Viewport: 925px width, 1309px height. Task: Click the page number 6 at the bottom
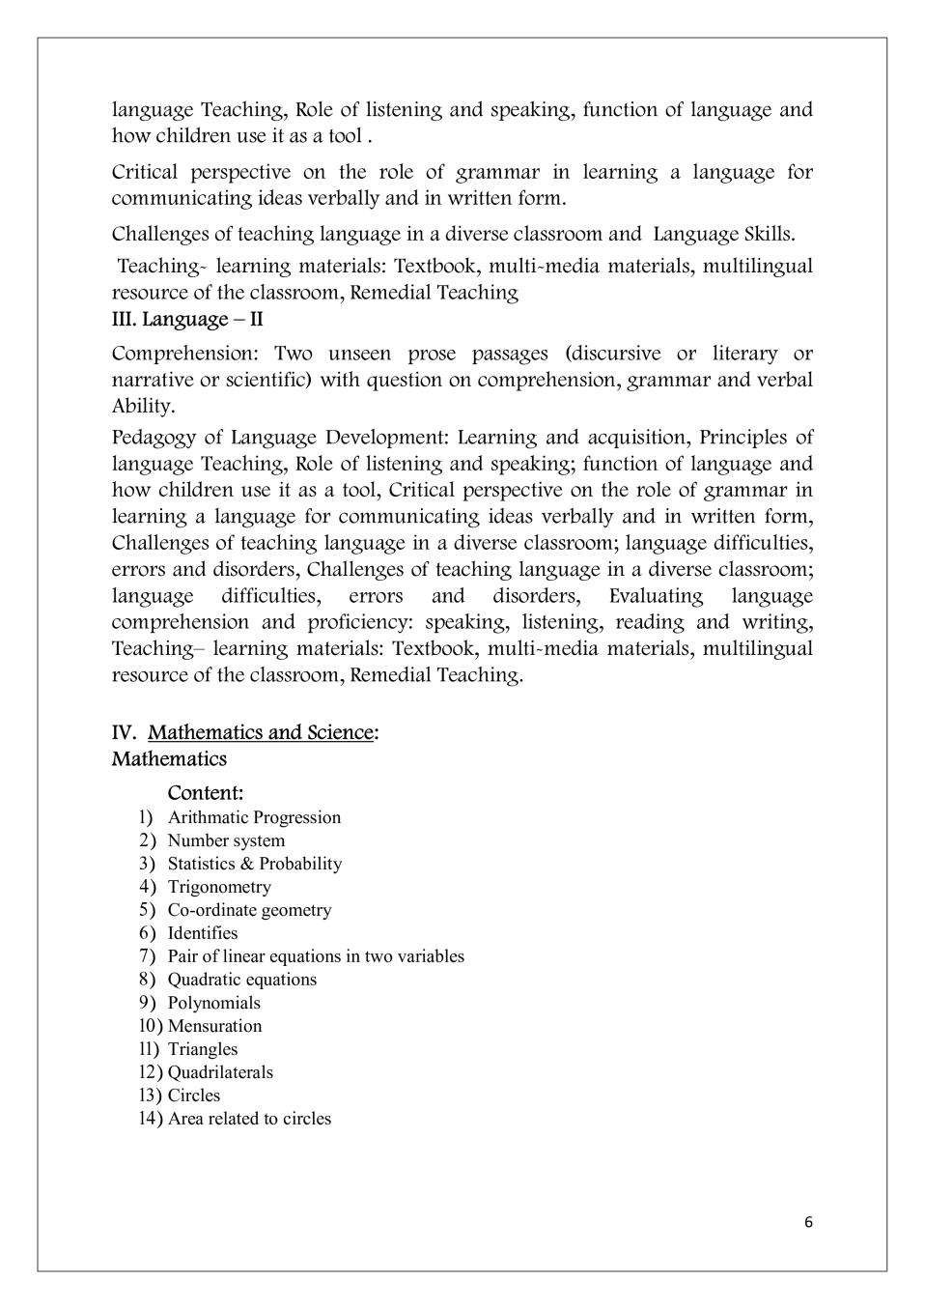click(x=808, y=1222)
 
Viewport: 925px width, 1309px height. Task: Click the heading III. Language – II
click(x=187, y=319)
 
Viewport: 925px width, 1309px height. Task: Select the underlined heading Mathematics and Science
click(x=260, y=732)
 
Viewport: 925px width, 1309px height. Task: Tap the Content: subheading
click(x=206, y=793)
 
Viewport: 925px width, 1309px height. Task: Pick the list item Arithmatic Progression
click(x=254, y=817)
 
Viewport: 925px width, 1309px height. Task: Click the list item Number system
click(x=226, y=840)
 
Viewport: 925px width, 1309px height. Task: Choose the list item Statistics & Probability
click(x=255, y=864)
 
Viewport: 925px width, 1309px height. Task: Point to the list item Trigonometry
click(x=219, y=887)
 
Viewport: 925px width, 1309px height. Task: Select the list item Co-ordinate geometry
click(x=249, y=910)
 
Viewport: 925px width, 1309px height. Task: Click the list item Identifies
click(x=203, y=933)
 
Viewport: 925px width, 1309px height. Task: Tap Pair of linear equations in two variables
click(x=316, y=956)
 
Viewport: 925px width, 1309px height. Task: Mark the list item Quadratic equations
click(x=242, y=980)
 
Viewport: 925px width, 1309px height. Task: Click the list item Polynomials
click(x=214, y=1003)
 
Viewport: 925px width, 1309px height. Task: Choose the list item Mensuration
click(x=214, y=1026)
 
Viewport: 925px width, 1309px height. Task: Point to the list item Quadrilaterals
click(x=220, y=1072)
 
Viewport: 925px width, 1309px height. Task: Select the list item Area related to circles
click(x=249, y=1119)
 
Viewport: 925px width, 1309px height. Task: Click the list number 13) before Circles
click(x=151, y=1096)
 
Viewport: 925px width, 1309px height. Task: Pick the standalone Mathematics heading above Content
click(x=169, y=758)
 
